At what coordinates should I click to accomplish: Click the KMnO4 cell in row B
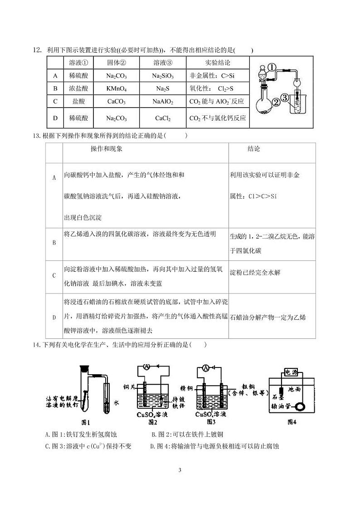117,89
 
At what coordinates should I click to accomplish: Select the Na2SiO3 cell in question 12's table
163,76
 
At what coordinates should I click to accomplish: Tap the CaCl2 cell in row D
163,118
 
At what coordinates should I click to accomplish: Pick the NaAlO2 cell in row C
163,102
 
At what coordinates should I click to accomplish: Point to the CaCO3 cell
117,102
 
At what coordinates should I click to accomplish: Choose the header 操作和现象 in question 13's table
107,149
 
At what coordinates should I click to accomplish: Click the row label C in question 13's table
54,276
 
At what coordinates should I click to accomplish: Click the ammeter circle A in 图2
146,366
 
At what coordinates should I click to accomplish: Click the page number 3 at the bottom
180,470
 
